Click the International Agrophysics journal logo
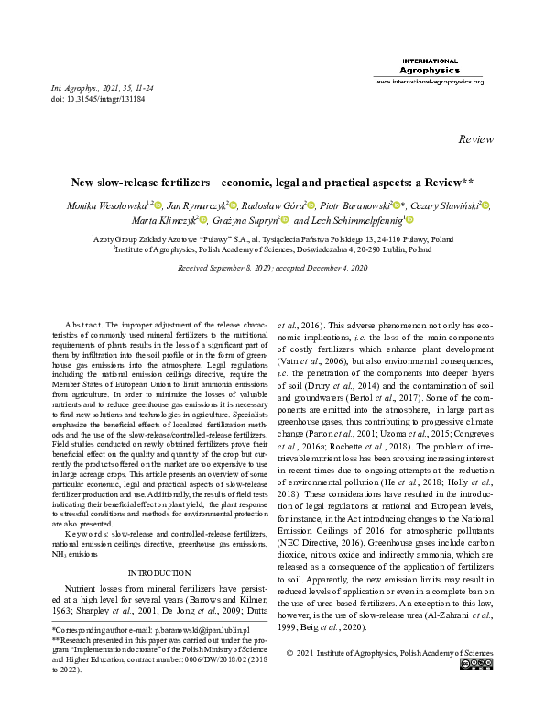430,66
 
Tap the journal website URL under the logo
430,82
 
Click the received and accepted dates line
272,268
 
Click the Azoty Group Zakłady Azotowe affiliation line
272,236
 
